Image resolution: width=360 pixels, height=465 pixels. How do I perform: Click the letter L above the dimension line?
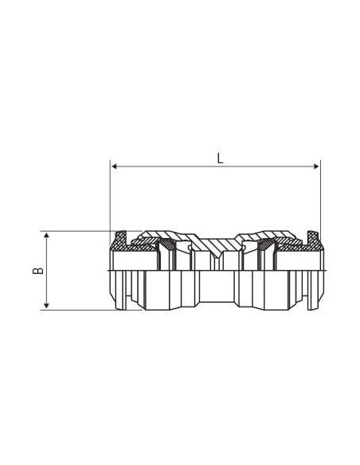pyautogui.click(x=220, y=158)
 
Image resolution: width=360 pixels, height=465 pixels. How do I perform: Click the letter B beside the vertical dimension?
pyautogui.click(x=38, y=271)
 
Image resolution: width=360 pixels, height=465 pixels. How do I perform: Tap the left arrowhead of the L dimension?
pyautogui.click(x=115, y=166)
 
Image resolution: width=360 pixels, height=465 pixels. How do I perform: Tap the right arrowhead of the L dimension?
pyautogui.click(x=316, y=166)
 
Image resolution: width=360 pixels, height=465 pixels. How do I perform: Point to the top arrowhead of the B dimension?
pyautogui.click(x=46, y=236)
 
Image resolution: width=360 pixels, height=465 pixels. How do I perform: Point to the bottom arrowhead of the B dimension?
pyautogui.click(x=46, y=305)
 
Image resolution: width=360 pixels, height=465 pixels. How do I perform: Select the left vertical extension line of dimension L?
pyautogui.click(x=110, y=202)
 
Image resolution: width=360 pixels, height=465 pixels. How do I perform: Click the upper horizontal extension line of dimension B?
pyautogui.click(x=92, y=231)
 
